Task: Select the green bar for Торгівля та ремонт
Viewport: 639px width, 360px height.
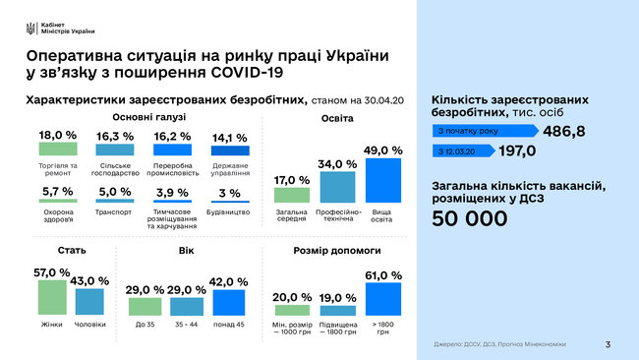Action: tap(57, 149)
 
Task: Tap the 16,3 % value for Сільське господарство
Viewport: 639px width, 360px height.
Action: tap(115, 136)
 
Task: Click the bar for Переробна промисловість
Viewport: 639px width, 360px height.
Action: tap(173, 150)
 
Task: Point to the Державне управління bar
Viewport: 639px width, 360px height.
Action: tap(230, 150)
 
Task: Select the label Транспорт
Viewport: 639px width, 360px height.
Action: tap(115, 210)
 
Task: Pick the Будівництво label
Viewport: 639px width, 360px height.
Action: tap(230, 210)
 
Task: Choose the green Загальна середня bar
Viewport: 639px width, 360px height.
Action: tap(291, 195)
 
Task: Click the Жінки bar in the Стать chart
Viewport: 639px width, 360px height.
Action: tap(52, 298)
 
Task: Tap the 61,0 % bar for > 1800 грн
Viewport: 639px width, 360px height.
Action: tap(383, 298)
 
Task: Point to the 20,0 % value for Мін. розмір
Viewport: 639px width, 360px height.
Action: tap(291, 297)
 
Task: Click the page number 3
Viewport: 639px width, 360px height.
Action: tap(609, 344)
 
